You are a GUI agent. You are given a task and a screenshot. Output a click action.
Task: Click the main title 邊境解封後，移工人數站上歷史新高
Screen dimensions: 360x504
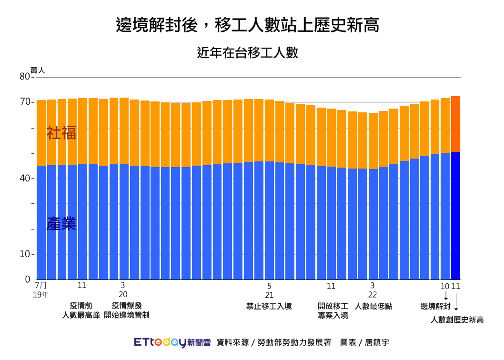click(248, 25)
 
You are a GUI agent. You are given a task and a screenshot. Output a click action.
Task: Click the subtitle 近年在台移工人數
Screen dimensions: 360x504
click(248, 52)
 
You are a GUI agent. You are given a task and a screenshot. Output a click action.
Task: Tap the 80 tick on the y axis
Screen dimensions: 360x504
click(25, 76)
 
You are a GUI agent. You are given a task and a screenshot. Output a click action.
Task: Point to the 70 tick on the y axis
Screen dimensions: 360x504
click(25, 102)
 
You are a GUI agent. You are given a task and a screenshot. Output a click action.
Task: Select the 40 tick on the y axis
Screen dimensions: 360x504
click(25, 178)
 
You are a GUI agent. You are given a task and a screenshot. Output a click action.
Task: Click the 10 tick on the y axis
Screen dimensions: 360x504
click(25, 254)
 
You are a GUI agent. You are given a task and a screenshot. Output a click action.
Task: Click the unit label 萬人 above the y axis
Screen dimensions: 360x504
click(38, 70)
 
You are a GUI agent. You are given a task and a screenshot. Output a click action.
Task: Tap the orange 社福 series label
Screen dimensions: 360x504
click(61, 133)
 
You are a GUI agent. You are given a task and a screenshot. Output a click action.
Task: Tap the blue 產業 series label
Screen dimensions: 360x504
click(61, 223)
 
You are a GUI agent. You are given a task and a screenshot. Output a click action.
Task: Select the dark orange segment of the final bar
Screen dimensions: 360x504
click(455, 124)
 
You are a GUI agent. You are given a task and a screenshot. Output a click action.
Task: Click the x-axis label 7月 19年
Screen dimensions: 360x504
click(41, 290)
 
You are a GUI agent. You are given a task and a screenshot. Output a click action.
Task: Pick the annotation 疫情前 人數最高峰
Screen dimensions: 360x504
click(81, 310)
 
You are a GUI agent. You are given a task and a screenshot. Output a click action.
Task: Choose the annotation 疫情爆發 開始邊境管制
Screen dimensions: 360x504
click(126, 310)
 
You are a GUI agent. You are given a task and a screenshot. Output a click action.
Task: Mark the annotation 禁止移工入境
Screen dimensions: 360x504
click(269, 306)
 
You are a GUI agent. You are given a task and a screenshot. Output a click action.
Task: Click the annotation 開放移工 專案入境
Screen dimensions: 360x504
click(333, 310)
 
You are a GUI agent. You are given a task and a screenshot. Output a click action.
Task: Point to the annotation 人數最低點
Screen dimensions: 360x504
click(373, 306)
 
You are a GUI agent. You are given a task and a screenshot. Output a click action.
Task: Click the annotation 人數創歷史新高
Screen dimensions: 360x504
click(457, 320)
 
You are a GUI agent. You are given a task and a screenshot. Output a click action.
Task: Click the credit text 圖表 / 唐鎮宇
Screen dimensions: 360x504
click(364, 342)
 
